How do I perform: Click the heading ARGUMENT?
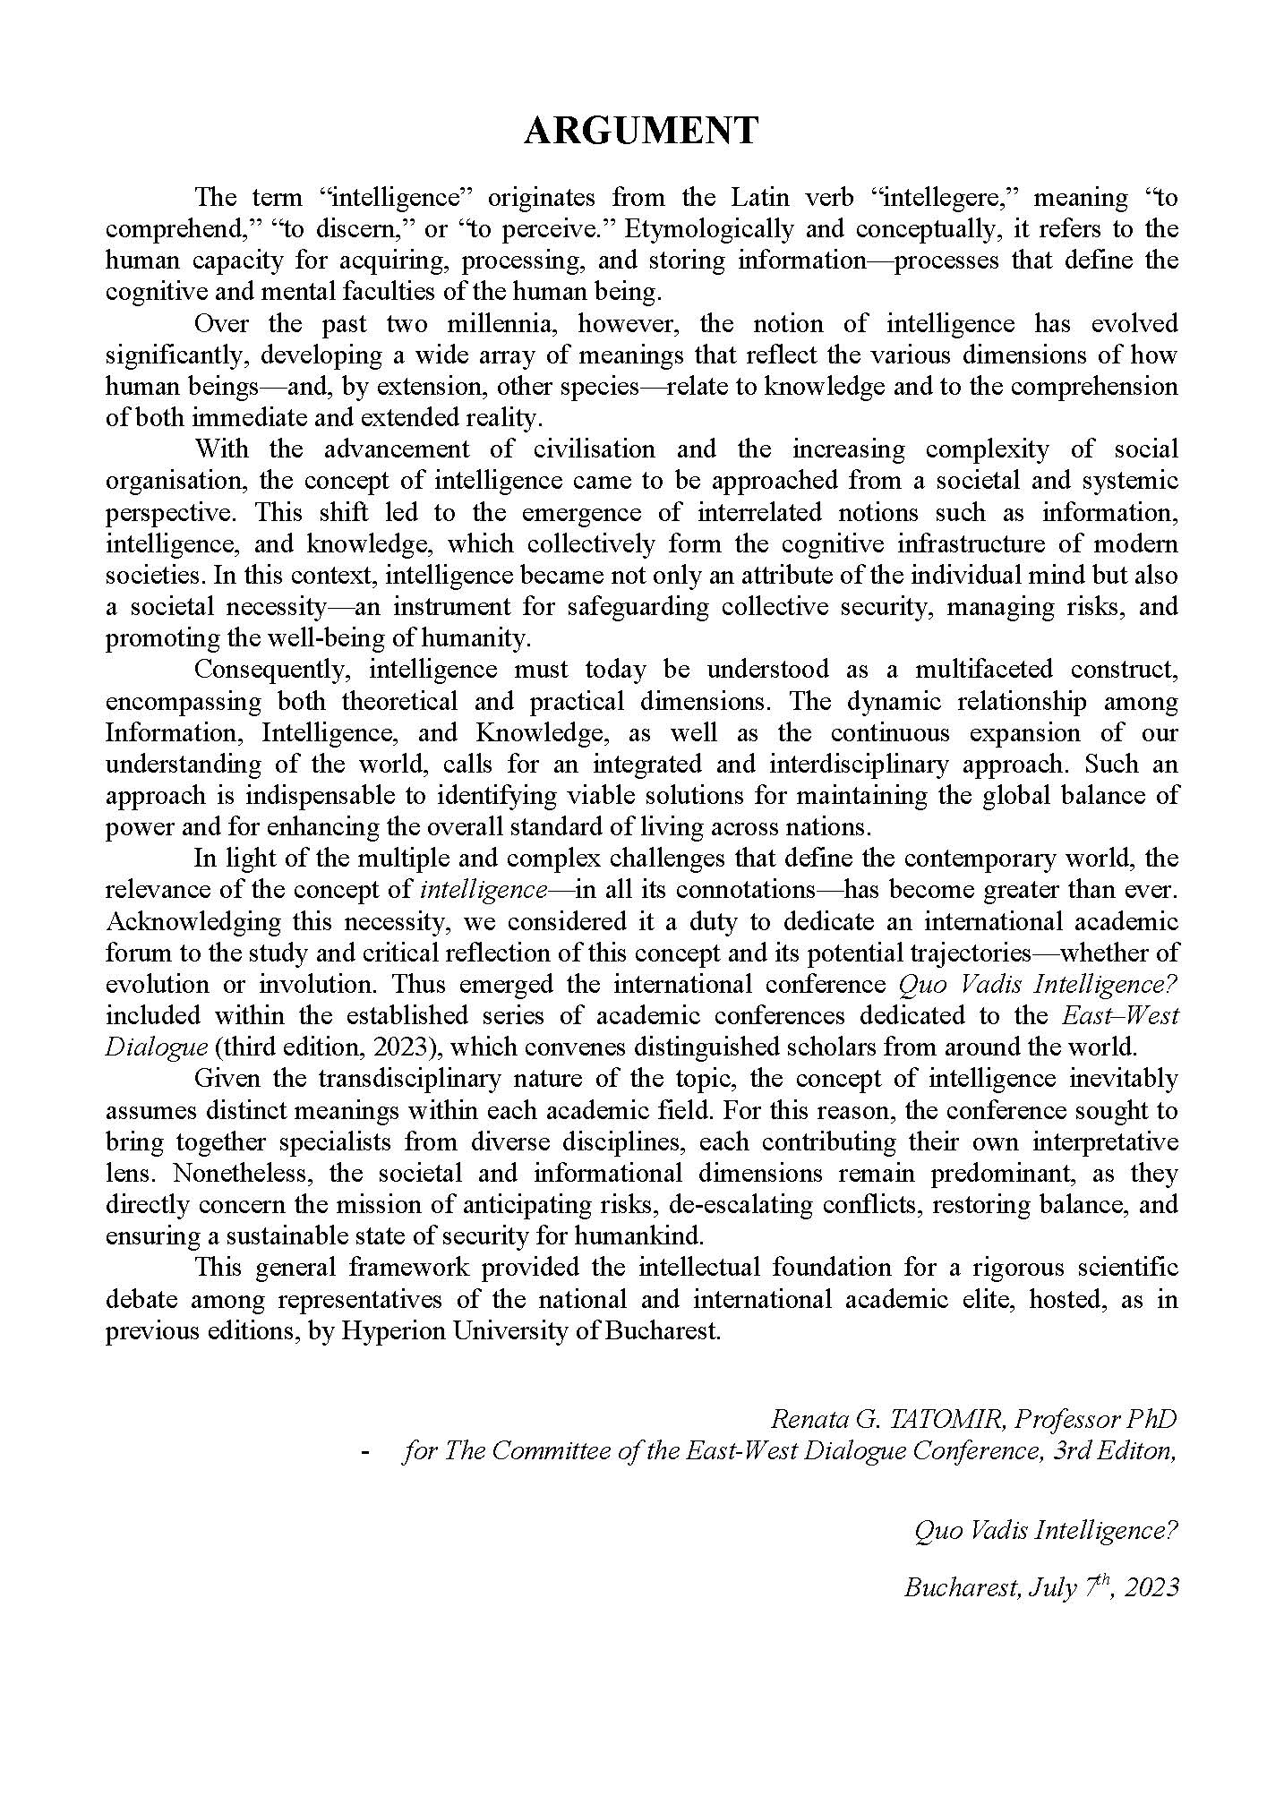(641, 131)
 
